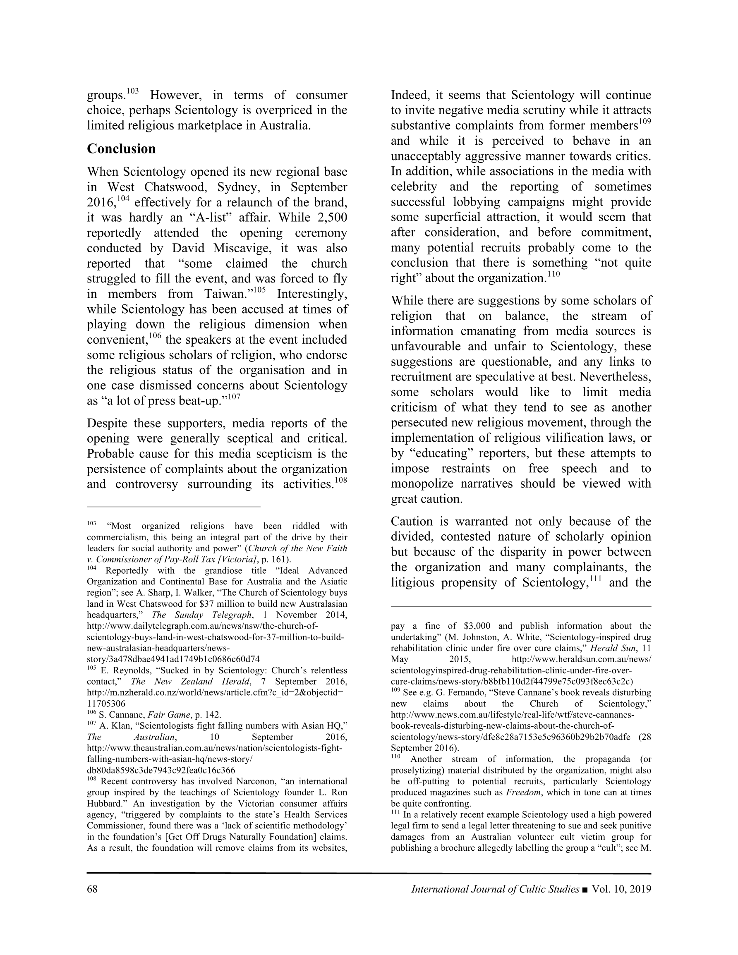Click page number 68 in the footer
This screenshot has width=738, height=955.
click(92, 889)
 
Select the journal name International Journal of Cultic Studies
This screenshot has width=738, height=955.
click(495, 889)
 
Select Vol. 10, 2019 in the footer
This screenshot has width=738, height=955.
click(622, 889)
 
